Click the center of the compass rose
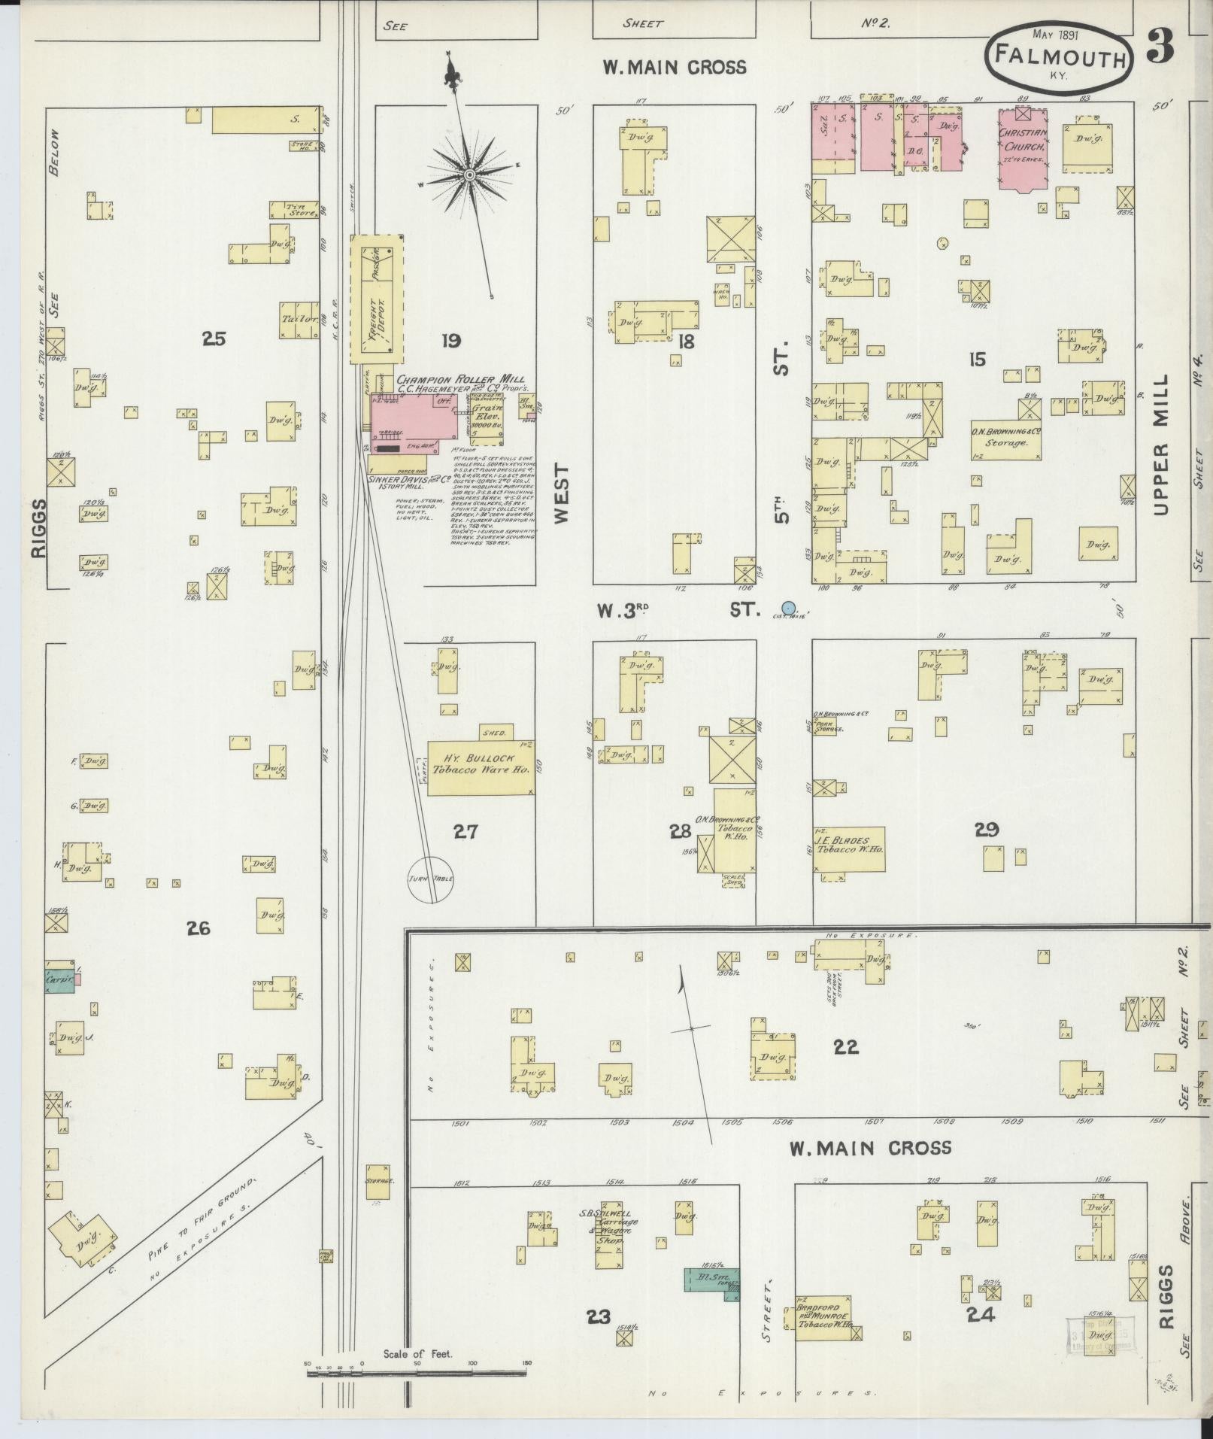(x=469, y=175)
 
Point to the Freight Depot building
(x=378, y=299)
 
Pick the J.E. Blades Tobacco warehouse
(x=851, y=849)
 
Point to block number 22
(x=845, y=1047)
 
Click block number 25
(x=214, y=338)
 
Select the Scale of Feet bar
(x=417, y=1373)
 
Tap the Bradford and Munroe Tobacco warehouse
(x=825, y=1318)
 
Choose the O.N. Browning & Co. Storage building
(x=1006, y=439)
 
